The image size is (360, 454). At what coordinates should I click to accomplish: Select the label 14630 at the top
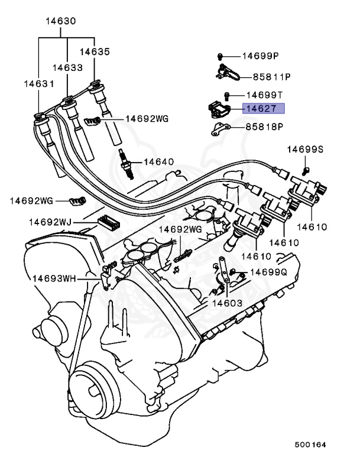(61, 21)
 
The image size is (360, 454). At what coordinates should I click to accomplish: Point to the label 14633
(68, 67)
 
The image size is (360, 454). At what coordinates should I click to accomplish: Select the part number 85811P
(263, 76)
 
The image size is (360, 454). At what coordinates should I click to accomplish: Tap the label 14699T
(265, 95)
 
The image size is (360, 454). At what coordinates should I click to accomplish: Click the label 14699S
(305, 150)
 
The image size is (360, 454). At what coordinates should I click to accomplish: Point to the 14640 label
(159, 161)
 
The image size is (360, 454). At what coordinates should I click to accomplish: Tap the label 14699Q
(267, 273)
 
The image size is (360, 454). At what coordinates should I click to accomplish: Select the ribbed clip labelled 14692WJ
(108, 222)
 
